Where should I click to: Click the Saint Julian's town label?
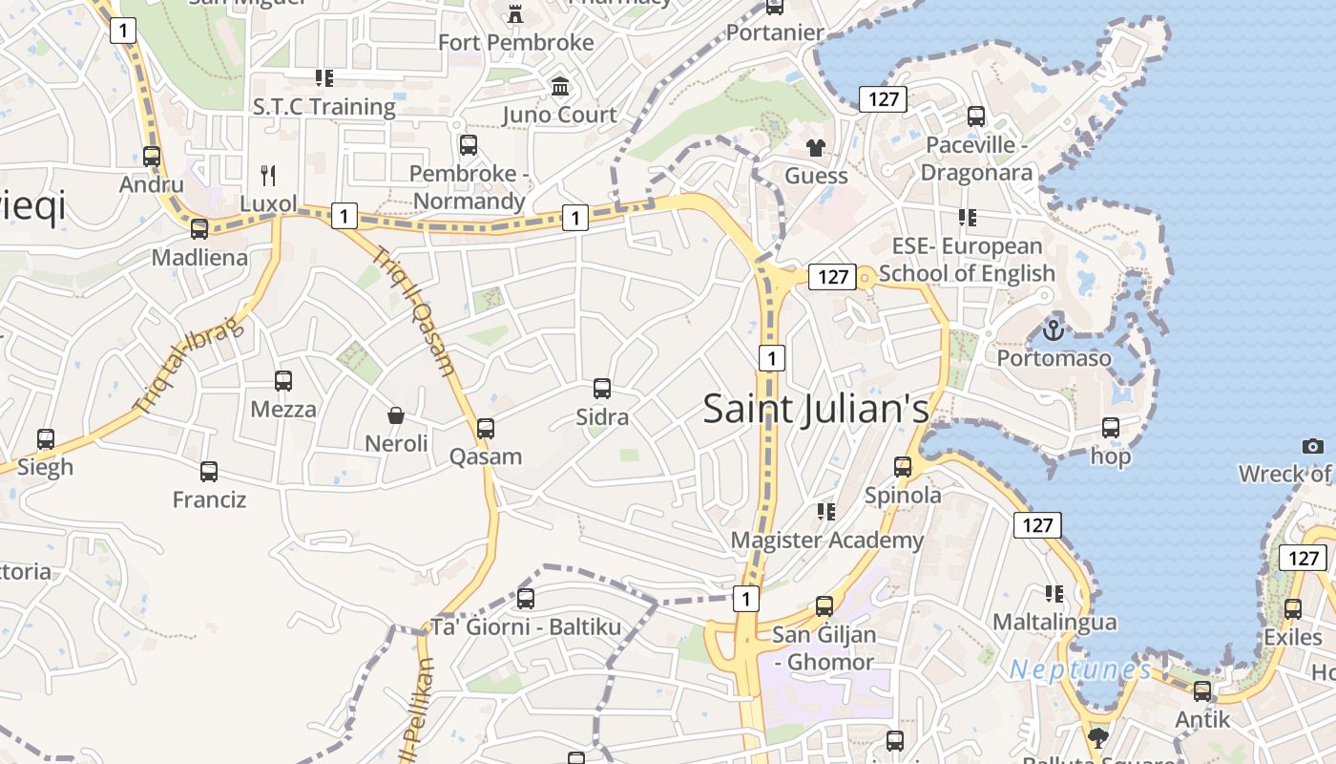click(816, 409)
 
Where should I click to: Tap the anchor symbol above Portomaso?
click(1054, 330)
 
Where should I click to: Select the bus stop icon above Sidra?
click(602, 389)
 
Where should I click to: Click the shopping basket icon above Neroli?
click(396, 415)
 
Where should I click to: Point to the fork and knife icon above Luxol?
click(268, 175)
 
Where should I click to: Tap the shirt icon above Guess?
click(816, 147)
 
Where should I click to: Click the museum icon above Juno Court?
click(560, 87)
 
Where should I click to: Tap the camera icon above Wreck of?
click(1313, 446)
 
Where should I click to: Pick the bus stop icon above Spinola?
click(903, 467)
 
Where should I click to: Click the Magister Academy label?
click(826, 541)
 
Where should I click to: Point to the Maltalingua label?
click(1054, 623)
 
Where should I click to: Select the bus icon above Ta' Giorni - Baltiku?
click(526, 599)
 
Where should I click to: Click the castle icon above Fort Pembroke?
click(515, 13)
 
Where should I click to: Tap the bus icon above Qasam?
click(486, 429)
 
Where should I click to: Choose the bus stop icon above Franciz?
click(209, 471)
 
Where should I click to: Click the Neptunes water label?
click(1080, 669)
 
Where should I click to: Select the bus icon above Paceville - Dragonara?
click(976, 117)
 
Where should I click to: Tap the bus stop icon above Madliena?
click(199, 229)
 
